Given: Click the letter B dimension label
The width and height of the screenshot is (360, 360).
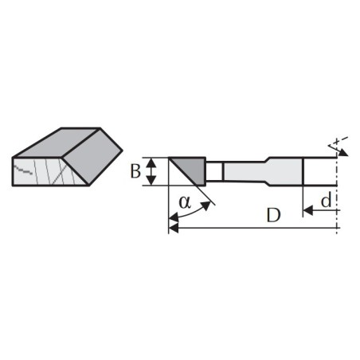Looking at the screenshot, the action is (x=135, y=171).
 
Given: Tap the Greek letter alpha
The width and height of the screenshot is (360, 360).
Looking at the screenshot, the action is (x=185, y=202).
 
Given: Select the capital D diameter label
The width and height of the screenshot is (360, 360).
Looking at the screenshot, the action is (x=273, y=215).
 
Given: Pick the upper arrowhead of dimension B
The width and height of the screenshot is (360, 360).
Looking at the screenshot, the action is (x=151, y=162).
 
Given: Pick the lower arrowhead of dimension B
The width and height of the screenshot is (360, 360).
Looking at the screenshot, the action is (x=151, y=181).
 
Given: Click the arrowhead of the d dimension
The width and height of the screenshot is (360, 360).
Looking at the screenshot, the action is (x=307, y=211).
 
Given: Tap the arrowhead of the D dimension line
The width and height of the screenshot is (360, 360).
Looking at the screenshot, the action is (x=174, y=228).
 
